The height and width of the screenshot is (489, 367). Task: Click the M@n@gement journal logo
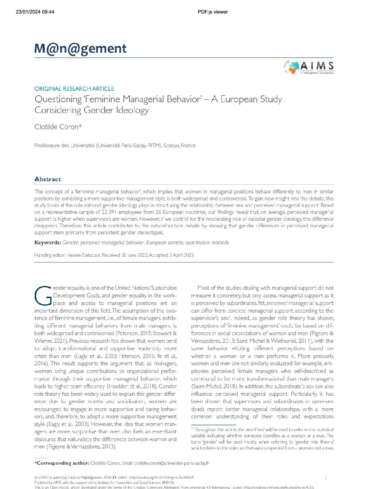click(x=80, y=49)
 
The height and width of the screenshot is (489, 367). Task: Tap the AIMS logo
click(x=309, y=67)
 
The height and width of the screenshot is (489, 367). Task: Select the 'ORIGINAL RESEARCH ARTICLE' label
click(x=74, y=89)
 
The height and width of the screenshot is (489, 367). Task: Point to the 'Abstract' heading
click(x=48, y=179)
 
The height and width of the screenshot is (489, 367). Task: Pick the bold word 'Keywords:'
click(x=48, y=243)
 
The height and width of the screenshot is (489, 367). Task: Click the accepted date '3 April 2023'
click(x=181, y=255)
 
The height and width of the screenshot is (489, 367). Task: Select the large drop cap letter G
click(x=43, y=296)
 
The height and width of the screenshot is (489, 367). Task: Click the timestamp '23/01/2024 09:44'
click(x=35, y=12)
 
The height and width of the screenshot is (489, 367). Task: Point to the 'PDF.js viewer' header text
click(x=213, y=12)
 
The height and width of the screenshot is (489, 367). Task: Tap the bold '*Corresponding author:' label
click(x=62, y=463)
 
